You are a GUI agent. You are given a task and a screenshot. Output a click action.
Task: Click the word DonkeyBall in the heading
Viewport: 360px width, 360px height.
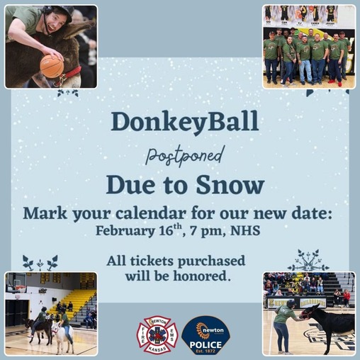pos(184,121)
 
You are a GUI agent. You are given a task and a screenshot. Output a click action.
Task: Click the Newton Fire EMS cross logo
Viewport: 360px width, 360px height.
pos(157,334)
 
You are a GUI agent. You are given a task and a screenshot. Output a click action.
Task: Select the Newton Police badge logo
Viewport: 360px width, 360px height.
pos(206,334)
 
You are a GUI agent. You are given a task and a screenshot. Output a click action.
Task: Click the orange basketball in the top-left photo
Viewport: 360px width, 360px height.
pos(51,66)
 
